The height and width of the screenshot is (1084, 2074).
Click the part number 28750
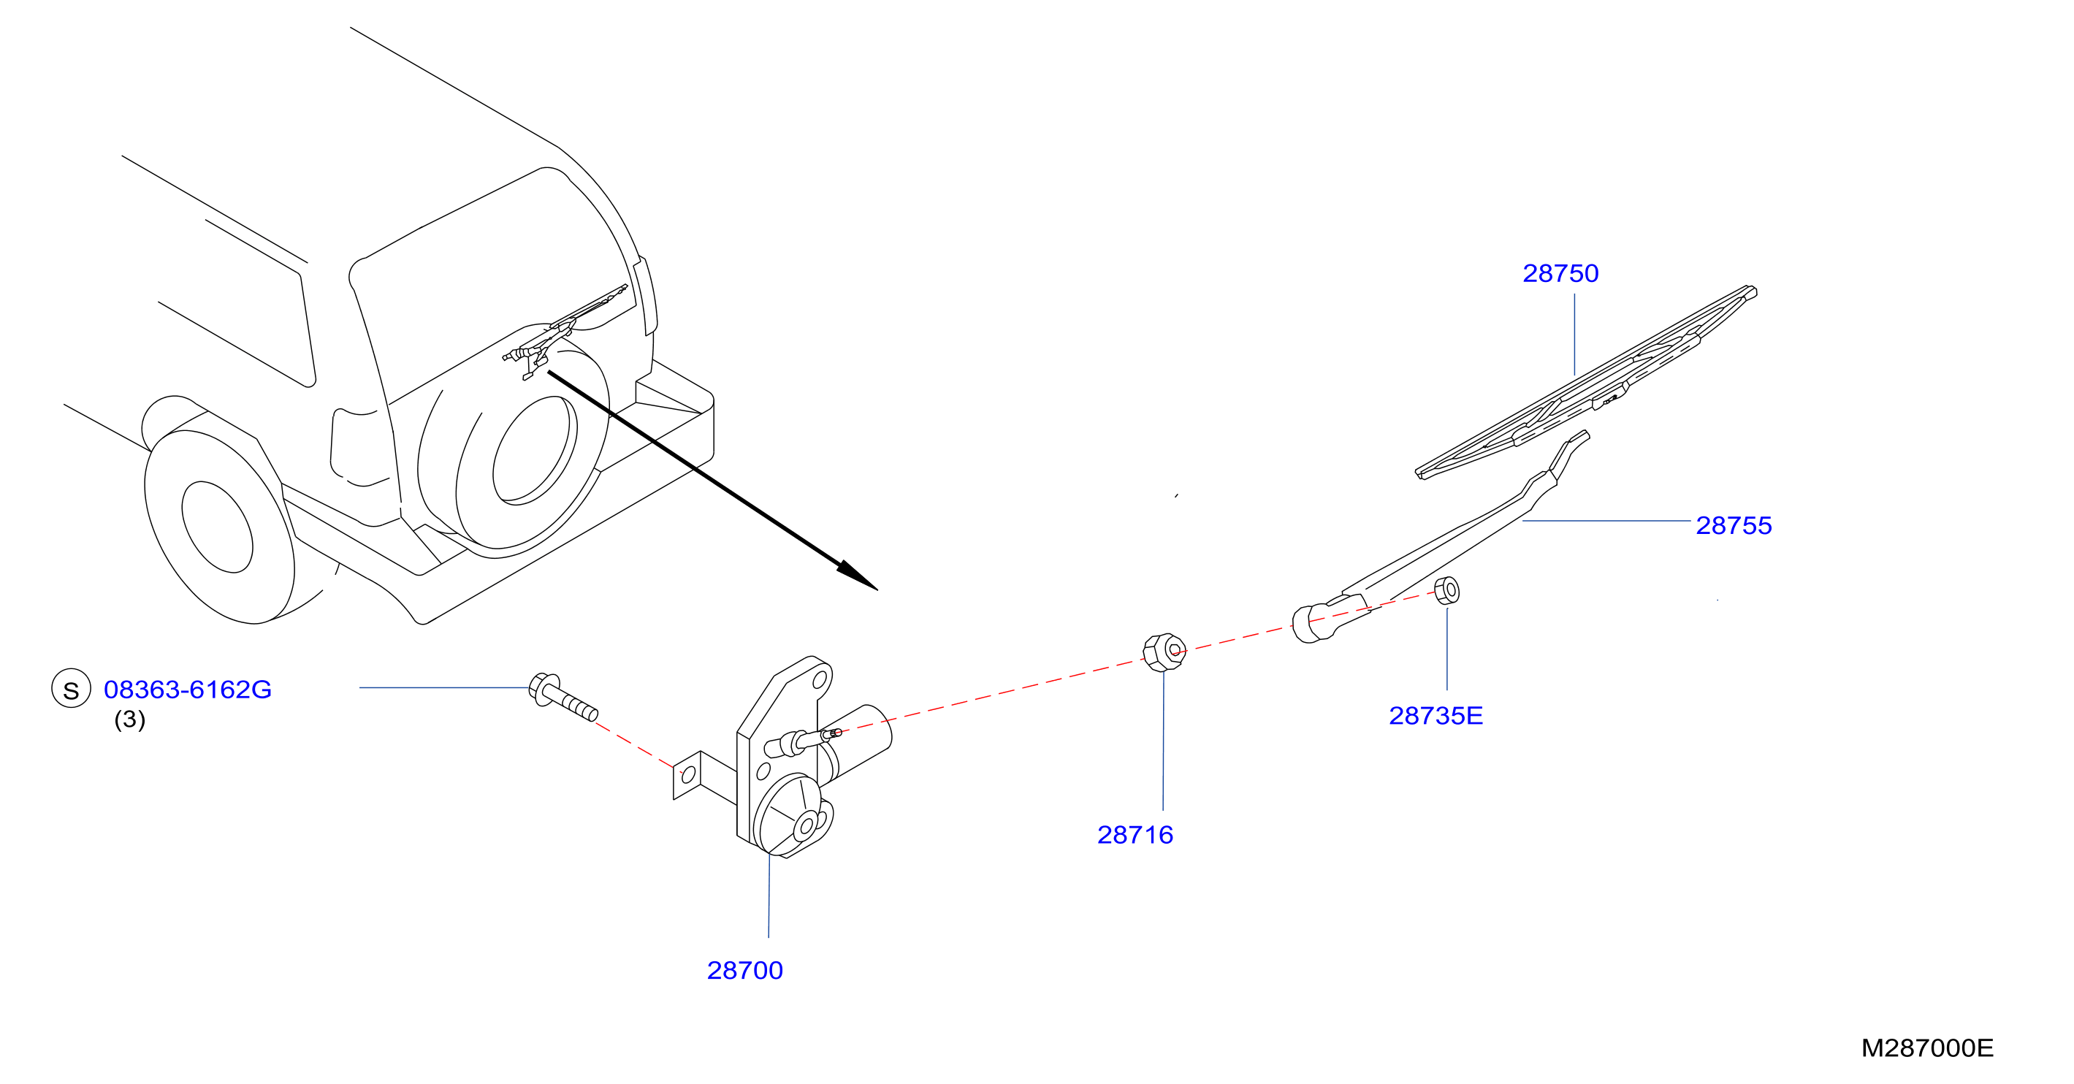1560,274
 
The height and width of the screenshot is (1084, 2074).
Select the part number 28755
1734,525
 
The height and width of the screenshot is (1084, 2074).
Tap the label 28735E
1436,715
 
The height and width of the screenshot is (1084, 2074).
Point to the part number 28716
1135,834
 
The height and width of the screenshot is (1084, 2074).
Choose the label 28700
744,971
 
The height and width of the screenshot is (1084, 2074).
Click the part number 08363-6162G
188,690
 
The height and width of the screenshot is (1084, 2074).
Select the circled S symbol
71,690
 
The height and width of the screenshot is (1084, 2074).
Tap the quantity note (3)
129,720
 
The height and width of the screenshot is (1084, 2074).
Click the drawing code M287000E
1927,1047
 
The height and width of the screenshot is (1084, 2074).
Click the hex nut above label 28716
1165,652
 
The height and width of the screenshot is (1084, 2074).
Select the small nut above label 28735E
1446,590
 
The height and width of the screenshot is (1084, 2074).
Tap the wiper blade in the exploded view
1586,382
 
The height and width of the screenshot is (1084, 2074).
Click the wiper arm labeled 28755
1441,538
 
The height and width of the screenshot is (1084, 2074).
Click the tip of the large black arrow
877,590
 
